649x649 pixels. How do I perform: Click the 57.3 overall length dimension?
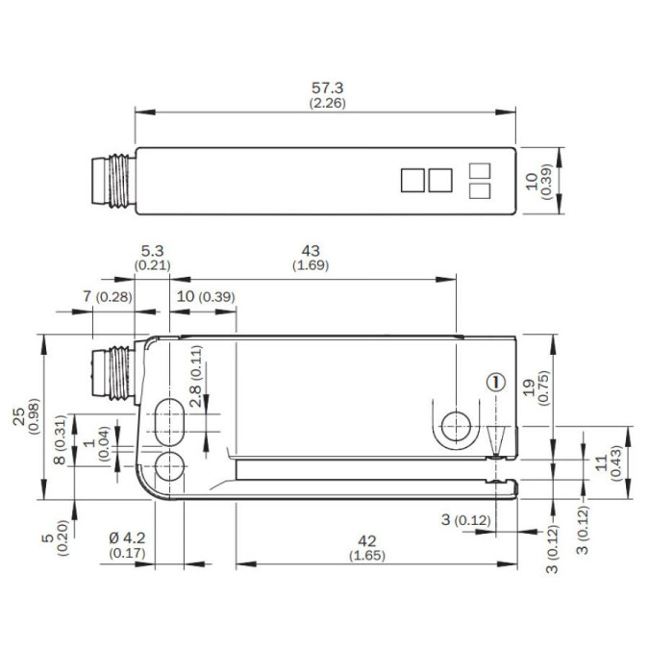pyautogui.click(x=327, y=87)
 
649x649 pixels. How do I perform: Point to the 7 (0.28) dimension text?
pyautogui.click(x=107, y=296)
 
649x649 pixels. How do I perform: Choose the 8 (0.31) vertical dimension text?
pyautogui.click(x=60, y=444)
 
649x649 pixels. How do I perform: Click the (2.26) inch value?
pyautogui.click(x=327, y=102)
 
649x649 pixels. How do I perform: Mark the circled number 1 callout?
pyautogui.click(x=496, y=382)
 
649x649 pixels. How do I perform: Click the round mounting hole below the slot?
pyautogui.click(x=170, y=466)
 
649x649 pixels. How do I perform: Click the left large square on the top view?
pyautogui.click(x=412, y=179)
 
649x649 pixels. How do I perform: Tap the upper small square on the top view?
pyautogui.click(x=478, y=170)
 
